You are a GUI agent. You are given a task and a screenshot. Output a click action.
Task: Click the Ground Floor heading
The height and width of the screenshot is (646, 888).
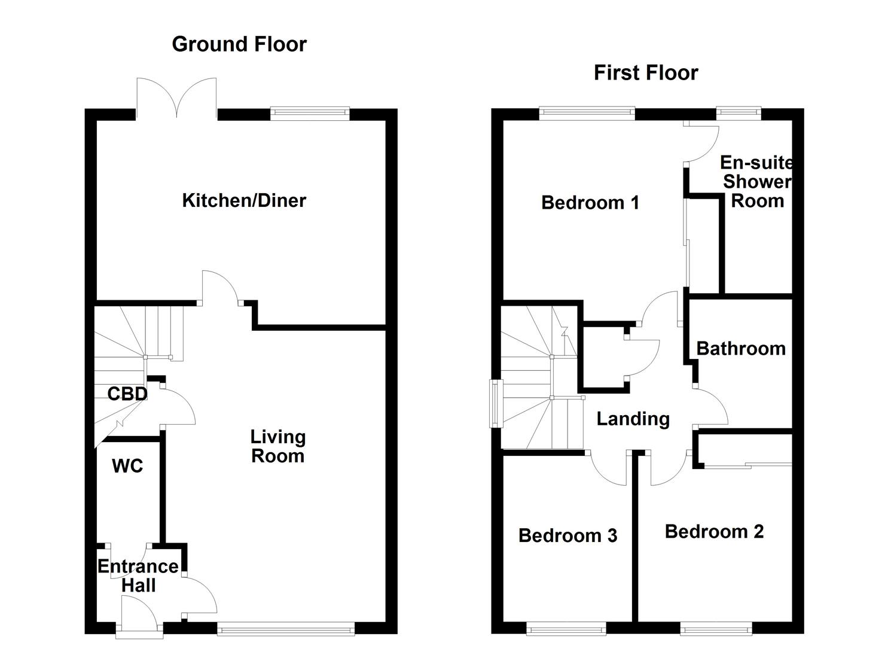point(239,44)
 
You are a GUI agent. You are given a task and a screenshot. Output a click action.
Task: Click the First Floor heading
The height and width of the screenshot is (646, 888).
point(646,73)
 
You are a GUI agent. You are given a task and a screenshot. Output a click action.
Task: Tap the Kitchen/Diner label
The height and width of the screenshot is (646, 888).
point(244,200)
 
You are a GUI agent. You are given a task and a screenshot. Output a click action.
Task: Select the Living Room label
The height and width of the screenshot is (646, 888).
point(277,446)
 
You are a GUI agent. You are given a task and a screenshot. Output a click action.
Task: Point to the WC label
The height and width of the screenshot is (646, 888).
point(127,466)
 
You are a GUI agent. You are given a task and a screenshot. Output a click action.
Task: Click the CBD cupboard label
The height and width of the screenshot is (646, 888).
point(127,394)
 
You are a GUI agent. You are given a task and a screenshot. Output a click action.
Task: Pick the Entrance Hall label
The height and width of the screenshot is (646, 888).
point(138,575)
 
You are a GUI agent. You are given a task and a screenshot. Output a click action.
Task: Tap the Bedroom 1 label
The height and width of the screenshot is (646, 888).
point(590,203)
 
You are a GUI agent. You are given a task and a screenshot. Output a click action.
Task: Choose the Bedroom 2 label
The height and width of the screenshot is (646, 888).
point(714,531)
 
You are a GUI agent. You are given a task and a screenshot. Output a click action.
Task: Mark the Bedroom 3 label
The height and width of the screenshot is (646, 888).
point(567,535)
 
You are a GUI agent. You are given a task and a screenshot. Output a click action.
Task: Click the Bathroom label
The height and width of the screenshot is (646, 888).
point(741,349)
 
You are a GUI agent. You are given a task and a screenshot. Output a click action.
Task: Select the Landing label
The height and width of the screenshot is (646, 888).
point(633,419)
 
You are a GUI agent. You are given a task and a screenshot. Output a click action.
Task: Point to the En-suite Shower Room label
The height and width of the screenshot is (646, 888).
point(757,181)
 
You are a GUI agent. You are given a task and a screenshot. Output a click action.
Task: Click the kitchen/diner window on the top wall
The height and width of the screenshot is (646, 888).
point(310,112)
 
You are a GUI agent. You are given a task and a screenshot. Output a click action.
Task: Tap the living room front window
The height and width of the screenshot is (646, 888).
point(286,627)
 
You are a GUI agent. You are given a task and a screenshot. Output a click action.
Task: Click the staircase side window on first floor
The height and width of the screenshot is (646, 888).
point(496,404)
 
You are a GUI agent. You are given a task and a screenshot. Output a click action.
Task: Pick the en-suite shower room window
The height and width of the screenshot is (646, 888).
point(739,111)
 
